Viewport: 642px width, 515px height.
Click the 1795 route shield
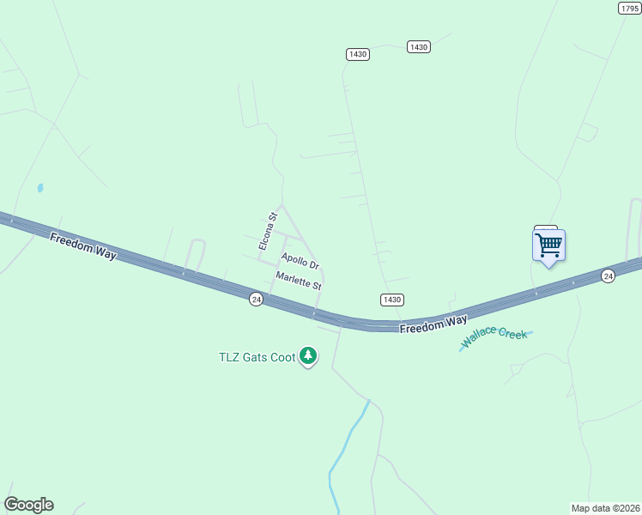point(629,8)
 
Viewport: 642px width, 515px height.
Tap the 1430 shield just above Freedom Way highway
point(391,300)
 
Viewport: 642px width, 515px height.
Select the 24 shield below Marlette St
point(256,299)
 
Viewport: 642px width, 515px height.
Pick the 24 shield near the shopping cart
point(608,276)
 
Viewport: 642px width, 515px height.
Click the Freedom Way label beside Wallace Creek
point(433,324)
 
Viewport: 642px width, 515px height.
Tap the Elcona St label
point(267,232)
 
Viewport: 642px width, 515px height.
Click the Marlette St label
point(298,280)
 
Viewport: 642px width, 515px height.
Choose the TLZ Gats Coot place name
point(257,357)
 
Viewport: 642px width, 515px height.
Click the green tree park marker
point(308,356)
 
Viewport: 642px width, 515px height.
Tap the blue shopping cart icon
point(548,245)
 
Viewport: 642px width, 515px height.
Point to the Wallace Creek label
point(494,338)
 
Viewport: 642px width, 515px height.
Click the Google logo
point(28,505)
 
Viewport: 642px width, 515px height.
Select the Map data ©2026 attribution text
point(605,508)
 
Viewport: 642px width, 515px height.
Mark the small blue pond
point(40,187)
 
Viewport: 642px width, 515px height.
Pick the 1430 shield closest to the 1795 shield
point(418,47)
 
